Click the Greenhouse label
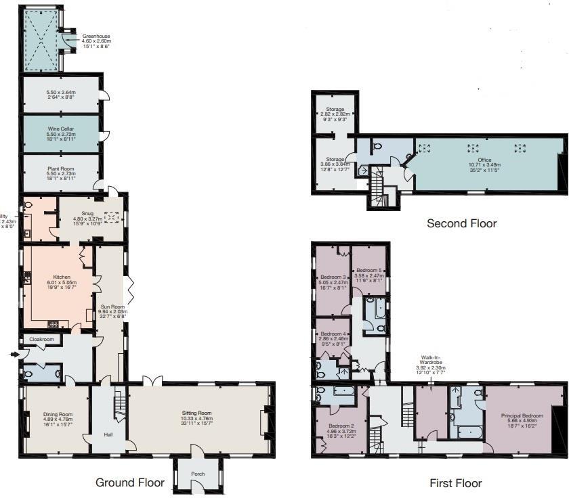(96, 37)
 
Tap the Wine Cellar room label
(61, 128)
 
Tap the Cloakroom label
(41, 339)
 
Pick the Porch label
(197, 473)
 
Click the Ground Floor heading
(129, 482)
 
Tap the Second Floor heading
(461, 223)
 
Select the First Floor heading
(456, 483)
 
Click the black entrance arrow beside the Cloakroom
(14, 353)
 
